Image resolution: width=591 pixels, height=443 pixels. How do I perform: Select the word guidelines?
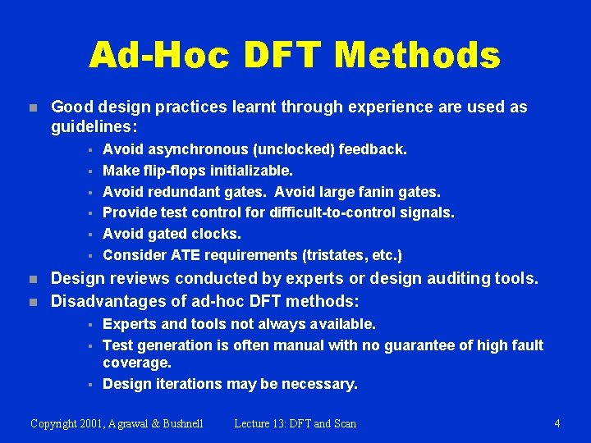pos(91,128)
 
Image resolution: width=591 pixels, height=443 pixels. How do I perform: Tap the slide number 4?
pos(557,423)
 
